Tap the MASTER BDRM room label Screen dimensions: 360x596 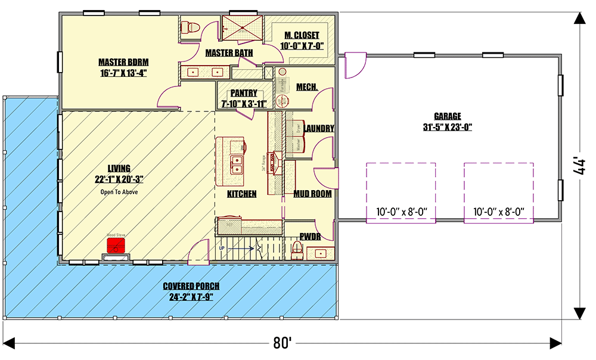point(123,62)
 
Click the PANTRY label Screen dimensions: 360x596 point(244,93)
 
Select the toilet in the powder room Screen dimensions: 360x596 point(297,247)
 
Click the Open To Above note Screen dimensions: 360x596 point(119,193)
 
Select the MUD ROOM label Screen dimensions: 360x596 point(312,194)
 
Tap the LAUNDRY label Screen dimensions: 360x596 point(318,128)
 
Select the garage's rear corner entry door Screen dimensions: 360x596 point(355,64)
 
